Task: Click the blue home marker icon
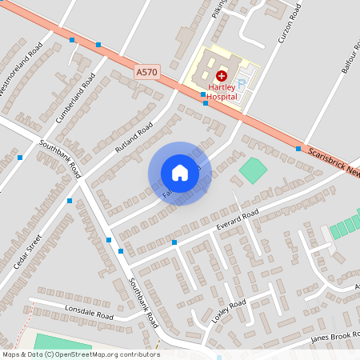point(180,172)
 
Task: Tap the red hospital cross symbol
point(222,74)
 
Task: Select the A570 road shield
point(146,72)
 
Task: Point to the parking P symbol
point(246,81)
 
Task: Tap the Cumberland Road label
point(75,98)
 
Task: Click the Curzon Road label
point(286,27)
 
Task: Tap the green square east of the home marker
point(253,169)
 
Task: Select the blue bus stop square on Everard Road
point(174,242)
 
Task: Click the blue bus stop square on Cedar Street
point(70,200)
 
